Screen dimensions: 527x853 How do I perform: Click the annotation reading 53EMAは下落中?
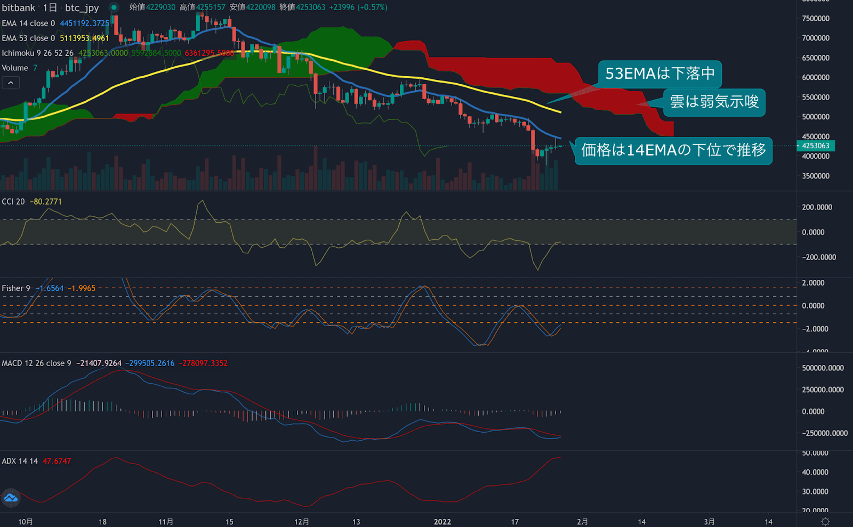click(x=659, y=74)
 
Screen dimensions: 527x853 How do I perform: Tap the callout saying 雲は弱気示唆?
click(x=714, y=102)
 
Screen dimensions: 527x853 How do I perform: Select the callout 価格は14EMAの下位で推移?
click(x=673, y=150)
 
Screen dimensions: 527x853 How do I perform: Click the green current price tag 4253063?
click(x=815, y=146)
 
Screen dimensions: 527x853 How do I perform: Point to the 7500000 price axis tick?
click(x=816, y=19)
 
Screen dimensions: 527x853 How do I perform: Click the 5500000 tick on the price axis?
click(x=816, y=98)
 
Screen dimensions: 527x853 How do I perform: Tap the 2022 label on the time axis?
click(x=442, y=522)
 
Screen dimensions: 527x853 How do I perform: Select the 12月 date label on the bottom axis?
click(x=302, y=522)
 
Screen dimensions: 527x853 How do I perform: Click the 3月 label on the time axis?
click(x=709, y=522)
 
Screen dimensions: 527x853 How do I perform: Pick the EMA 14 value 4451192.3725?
click(x=84, y=23)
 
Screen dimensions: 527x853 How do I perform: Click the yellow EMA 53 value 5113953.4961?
click(x=84, y=38)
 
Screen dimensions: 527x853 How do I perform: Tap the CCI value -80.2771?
click(x=46, y=202)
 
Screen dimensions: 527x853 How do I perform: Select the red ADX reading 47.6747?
click(x=57, y=461)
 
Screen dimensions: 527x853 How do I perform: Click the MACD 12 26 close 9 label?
click(x=36, y=363)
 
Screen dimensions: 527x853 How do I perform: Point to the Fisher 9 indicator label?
click(x=16, y=288)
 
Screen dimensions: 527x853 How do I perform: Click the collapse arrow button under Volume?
click(x=11, y=83)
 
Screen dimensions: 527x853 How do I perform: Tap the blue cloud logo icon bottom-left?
click(x=11, y=498)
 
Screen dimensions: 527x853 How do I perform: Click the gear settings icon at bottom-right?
click(x=825, y=521)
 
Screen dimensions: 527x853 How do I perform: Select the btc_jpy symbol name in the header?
click(x=82, y=7)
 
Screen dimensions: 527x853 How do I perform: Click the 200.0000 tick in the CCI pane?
click(x=817, y=207)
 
